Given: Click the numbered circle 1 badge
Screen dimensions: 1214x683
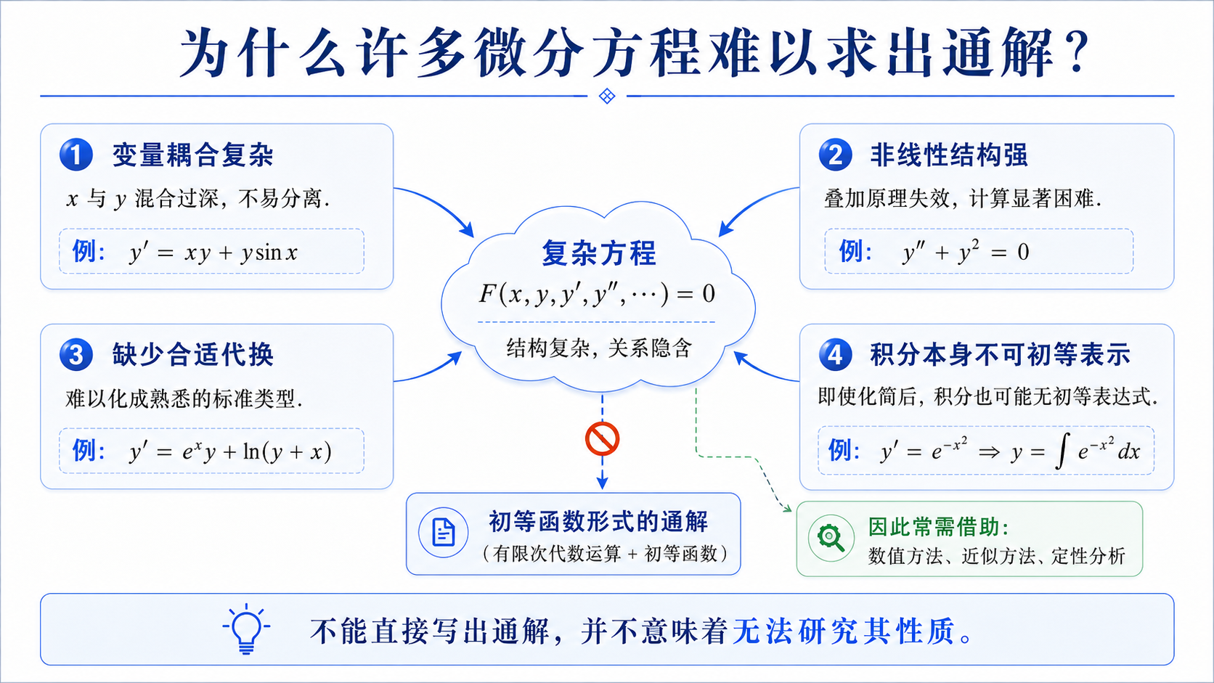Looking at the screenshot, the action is [x=76, y=155].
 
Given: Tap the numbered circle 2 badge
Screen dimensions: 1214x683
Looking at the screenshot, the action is [x=835, y=155].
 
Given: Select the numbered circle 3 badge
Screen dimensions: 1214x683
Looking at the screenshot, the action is [x=76, y=355].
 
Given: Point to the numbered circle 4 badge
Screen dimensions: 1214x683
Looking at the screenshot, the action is [x=835, y=355].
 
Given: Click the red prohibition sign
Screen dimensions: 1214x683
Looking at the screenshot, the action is [x=602, y=438].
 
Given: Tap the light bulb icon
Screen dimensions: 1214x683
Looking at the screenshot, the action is [x=247, y=629].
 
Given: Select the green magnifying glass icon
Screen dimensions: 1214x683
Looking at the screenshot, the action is [x=831, y=538].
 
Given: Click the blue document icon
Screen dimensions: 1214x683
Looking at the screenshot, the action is [x=444, y=533].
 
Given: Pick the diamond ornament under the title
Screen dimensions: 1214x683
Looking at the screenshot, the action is [x=607, y=96].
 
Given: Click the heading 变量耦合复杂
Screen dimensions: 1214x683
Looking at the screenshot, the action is [x=193, y=155].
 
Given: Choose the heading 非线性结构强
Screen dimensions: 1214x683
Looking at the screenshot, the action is [x=949, y=155].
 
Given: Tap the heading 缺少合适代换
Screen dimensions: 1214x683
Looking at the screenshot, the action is [x=193, y=356].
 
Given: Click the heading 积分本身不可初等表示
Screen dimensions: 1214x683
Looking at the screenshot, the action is [x=1001, y=356].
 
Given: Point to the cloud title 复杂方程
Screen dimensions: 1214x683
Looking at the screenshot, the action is [x=599, y=253].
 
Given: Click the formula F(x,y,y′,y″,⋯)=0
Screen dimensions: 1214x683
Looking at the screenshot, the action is [x=597, y=294].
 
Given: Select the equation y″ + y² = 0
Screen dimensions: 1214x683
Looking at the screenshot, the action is [x=966, y=251].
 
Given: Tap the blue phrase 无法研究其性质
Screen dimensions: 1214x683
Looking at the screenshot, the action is [x=843, y=631].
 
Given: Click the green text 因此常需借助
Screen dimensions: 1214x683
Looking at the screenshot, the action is [x=938, y=526].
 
